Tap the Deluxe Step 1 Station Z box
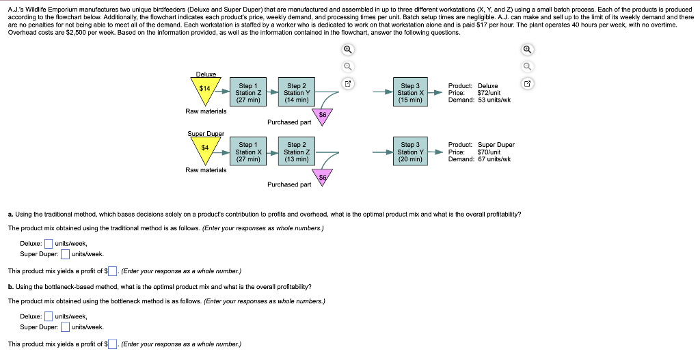[247, 92]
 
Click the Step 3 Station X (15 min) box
[410, 92]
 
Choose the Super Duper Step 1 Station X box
[247, 152]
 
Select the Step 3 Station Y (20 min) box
[410, 152]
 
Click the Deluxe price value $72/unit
[489, 93]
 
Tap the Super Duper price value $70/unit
[489, 152]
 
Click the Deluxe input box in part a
[49, 244]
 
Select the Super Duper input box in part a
[66, 255]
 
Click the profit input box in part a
[113, 271]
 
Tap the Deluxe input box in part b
[49, 316]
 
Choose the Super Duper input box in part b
[66, 327]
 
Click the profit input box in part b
[113, 344]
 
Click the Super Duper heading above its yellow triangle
[205, 134]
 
